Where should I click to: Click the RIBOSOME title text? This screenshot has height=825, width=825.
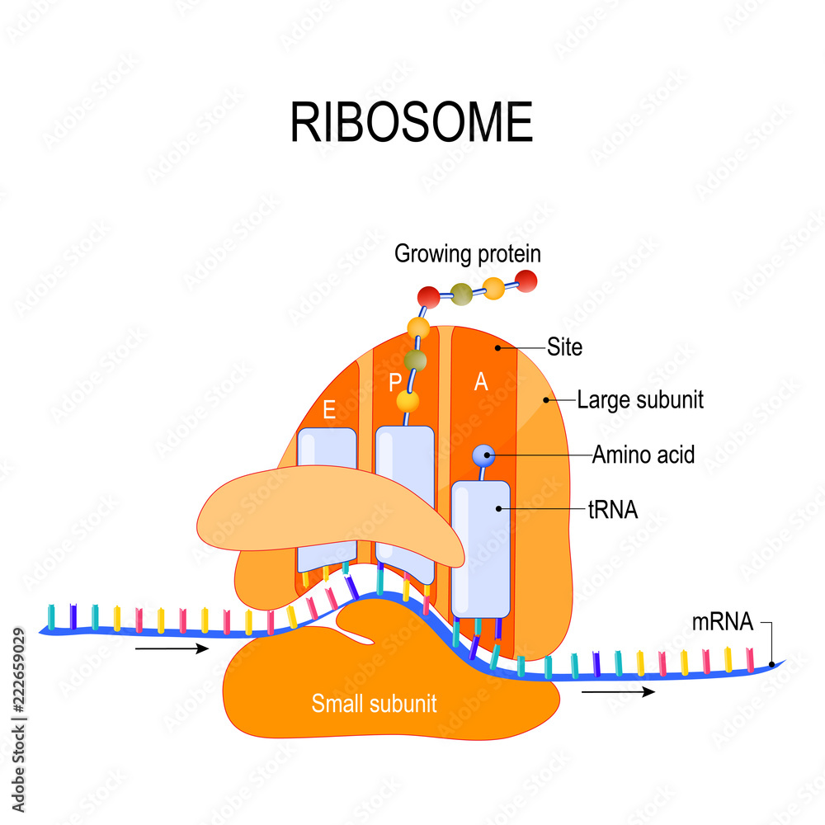411,123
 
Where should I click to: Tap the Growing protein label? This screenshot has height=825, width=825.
467,253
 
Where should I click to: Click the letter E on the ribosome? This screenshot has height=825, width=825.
329,411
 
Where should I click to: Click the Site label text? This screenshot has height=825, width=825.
564,347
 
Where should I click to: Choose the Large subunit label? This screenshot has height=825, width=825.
639,400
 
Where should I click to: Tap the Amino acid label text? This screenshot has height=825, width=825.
643,454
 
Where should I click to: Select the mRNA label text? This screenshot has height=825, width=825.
723,623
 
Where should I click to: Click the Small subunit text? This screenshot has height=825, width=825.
374,704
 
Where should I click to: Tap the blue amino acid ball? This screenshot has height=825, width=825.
483,454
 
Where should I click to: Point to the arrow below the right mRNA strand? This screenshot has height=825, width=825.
618,691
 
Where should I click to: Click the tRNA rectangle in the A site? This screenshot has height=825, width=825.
481,549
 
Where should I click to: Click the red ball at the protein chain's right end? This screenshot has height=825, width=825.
526,281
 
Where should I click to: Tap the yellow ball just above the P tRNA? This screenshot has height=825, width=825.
408,401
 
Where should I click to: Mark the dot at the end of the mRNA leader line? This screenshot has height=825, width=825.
771,664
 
